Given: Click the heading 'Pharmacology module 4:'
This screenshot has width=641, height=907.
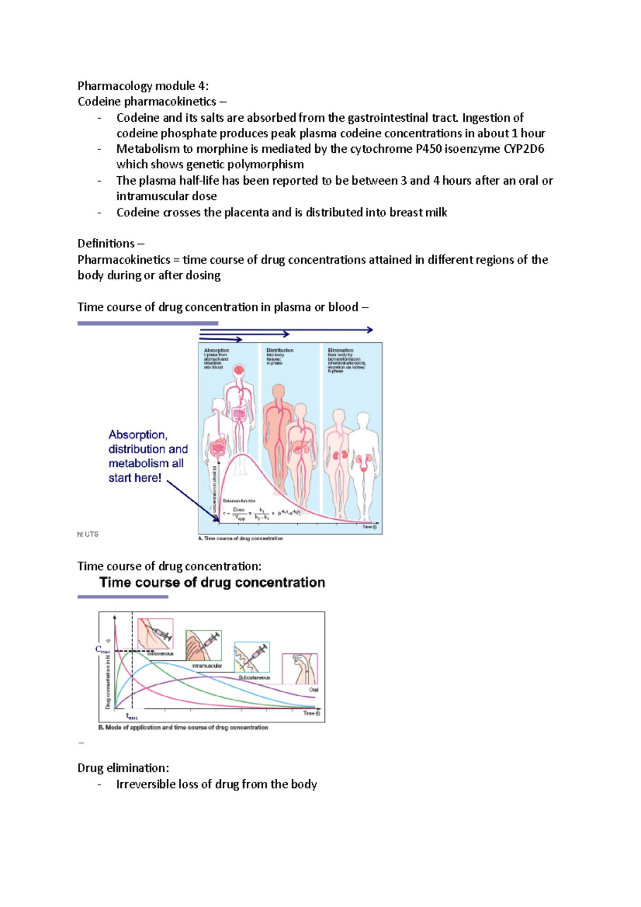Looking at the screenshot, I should click(x=143, y=86).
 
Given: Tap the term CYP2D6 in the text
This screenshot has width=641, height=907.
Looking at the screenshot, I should click(x=523, y=149).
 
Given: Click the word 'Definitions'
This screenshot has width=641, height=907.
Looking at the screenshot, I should click(x=106, y=244).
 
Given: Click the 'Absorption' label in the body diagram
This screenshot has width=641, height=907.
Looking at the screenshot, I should click(x=216, y=350).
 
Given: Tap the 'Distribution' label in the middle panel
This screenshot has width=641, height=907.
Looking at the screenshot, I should click(x=279, y=350).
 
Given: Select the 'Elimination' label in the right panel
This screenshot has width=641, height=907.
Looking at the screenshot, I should click(x=340, y=350).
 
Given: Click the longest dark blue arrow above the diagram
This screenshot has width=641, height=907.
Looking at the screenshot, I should click(x=286, y=330).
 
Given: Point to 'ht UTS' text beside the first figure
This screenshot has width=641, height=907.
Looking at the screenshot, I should click(x=88, y=534).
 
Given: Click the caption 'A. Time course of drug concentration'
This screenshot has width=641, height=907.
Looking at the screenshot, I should click(x=240, y=538).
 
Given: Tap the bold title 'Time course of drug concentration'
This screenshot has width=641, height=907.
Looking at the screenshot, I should click(x=212, y=583).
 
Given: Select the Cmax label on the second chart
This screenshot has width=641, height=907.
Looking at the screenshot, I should click(x=102, y=650).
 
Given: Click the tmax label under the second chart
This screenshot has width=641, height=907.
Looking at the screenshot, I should click(x=131, y=717).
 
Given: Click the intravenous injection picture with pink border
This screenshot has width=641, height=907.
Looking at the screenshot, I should click(x=155, y=634).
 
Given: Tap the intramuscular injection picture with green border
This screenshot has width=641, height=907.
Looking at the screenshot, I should click(x=204, y=645).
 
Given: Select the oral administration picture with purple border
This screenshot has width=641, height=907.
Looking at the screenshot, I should click(x=300, y=668).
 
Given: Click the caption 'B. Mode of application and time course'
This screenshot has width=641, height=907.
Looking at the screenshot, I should click(x=183, y=728).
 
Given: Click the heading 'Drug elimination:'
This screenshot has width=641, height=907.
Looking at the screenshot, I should click(x=123, y=768).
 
